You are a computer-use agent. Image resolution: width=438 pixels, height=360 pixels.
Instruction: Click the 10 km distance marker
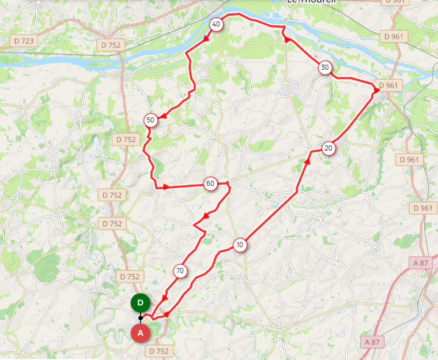click(240, 245)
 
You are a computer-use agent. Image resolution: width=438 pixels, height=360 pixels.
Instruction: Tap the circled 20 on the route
click(328, 148)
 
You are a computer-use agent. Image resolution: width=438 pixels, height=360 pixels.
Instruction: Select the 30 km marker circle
click(325, 68)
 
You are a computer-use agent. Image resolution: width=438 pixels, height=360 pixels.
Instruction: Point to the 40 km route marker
click(216, 24)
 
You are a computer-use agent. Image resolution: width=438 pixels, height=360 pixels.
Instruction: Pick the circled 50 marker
click(150, 120)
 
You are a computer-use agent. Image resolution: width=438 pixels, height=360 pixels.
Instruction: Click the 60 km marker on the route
click(210, 184)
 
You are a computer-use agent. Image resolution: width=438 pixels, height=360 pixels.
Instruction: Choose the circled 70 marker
click(180, 271)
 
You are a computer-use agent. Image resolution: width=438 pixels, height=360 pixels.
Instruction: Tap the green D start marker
click(140, 302)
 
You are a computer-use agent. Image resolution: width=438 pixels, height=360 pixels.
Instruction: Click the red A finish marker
click(140, 333)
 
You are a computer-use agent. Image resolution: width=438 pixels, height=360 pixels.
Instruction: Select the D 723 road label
click(24, 42)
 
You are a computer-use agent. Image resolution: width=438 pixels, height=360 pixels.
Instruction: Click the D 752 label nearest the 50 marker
click(126, 139)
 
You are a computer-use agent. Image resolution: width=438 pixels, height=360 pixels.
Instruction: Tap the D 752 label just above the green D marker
click(128, 277)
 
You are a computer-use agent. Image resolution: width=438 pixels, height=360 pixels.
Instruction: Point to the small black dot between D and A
click(140, 318)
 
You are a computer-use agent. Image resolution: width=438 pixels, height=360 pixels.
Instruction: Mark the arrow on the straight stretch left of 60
click(166, 187)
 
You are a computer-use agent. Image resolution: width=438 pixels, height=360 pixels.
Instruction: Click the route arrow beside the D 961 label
click(376, 91)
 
